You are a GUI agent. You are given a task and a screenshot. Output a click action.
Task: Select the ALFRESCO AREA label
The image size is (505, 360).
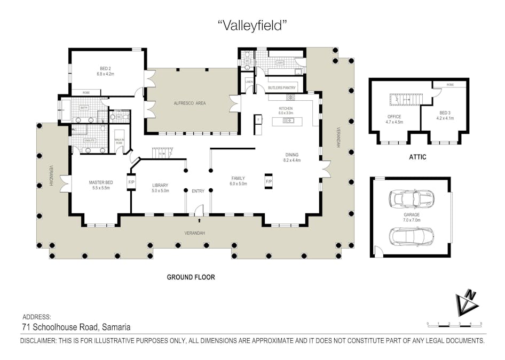tap(190, 103)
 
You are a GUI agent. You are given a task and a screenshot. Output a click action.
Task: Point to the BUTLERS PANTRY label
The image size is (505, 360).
tap(282, 87)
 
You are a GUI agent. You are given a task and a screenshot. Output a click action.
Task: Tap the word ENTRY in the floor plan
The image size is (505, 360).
tap(198, 191)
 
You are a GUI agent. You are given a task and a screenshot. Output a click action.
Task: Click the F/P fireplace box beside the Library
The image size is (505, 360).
tap(131, 182)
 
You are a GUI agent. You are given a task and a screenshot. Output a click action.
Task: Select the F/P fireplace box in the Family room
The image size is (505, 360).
tap(269, 181)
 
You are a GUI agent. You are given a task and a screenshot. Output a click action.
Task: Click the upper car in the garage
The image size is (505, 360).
tap(411, 199)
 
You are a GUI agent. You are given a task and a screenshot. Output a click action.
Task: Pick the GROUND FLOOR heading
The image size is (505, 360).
tap(191, 277)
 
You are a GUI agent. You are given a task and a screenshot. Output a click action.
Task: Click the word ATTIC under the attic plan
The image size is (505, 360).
tap(417, 157)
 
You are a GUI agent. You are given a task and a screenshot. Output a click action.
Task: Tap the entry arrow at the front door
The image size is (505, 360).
tap(199, 219)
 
